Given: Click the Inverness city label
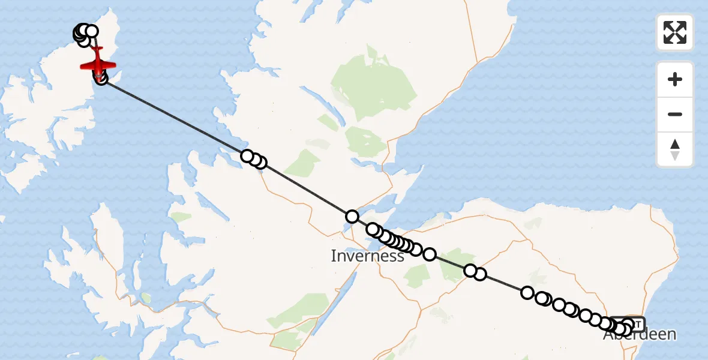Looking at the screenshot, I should tap(367, 256).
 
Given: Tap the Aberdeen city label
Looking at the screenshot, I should tap(640, 335).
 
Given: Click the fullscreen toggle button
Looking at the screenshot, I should tap(675, 32).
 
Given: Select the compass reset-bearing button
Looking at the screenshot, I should tap(675, 149).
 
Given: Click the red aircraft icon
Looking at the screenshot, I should tap(97, 62).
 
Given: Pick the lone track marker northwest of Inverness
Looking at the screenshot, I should tap(352, 217).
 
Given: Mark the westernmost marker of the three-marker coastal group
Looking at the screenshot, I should tap(247, 156).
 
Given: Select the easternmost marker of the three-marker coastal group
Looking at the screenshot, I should tap(260, 163).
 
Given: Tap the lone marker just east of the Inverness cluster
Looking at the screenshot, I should tap(430, 254).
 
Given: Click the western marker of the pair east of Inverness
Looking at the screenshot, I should tap(470, 271).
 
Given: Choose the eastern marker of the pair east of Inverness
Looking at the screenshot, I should tap(480, 275).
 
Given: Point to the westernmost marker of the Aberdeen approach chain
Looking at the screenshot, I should tap(527, 293).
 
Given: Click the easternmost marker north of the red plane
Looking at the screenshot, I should tap(92, 31).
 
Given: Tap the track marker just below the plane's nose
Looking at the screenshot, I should tap(101, 79).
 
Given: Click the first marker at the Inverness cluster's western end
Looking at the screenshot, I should tap(373, 229).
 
